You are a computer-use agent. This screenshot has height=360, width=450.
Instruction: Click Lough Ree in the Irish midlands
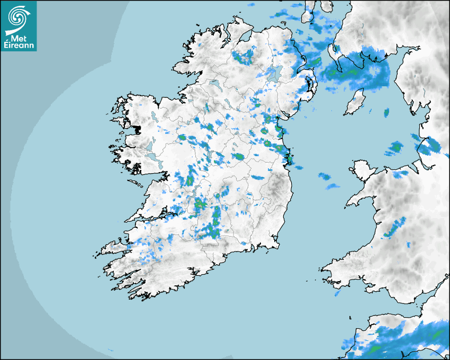tap(218, 156)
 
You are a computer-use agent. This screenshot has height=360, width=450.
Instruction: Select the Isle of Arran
tap(308, 13)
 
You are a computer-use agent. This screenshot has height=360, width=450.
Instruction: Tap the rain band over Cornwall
tap(402, 341)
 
